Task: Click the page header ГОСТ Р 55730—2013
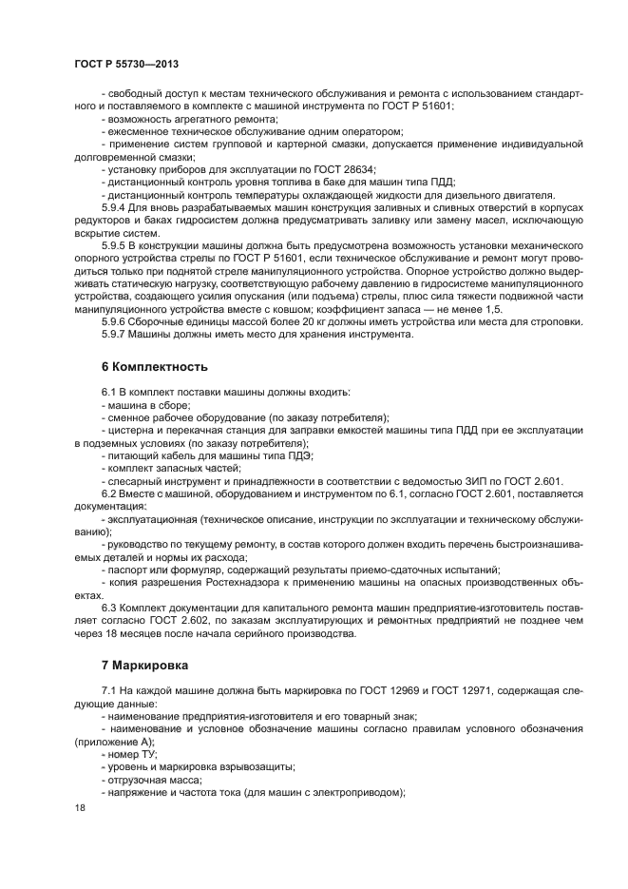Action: pyautogui.click(x=126, y=63)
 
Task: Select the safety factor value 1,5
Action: pyautogui.click(x=494, y=309)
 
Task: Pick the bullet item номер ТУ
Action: pyautogui.click(x=130, y=754)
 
